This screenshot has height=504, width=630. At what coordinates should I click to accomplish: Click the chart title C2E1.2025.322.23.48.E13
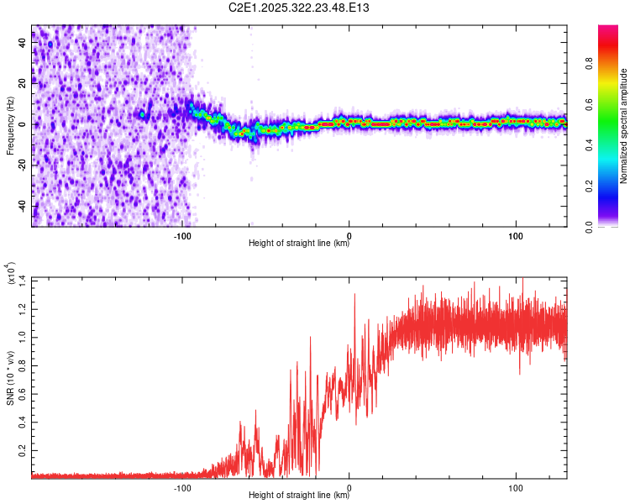coord(300,8)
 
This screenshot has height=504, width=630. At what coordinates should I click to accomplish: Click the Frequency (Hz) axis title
coord(10,126)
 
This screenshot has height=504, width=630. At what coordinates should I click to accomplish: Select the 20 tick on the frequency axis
coord(24,83)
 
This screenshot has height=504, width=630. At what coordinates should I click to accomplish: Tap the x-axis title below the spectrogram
coord(299,244)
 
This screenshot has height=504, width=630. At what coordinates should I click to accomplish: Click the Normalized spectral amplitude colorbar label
coord(623,126)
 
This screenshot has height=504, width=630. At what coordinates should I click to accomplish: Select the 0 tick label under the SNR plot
coord(349,486)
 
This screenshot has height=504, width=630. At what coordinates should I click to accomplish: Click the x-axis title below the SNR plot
coord(299,496)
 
